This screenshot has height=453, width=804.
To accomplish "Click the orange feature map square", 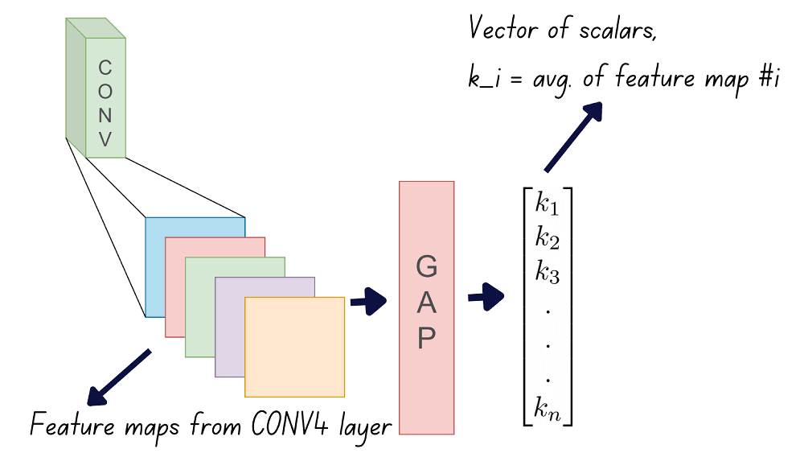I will click(x=294, y=346).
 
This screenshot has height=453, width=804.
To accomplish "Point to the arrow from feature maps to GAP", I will click(x=368, y=303).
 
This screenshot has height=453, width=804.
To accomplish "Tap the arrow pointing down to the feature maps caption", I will click(x=119, y=377).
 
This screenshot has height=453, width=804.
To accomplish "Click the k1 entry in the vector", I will click(x=547, y=203).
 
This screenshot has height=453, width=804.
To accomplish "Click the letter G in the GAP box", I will click(x=427, y=268).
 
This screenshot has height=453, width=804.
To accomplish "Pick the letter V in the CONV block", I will click(x=105, y=140).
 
